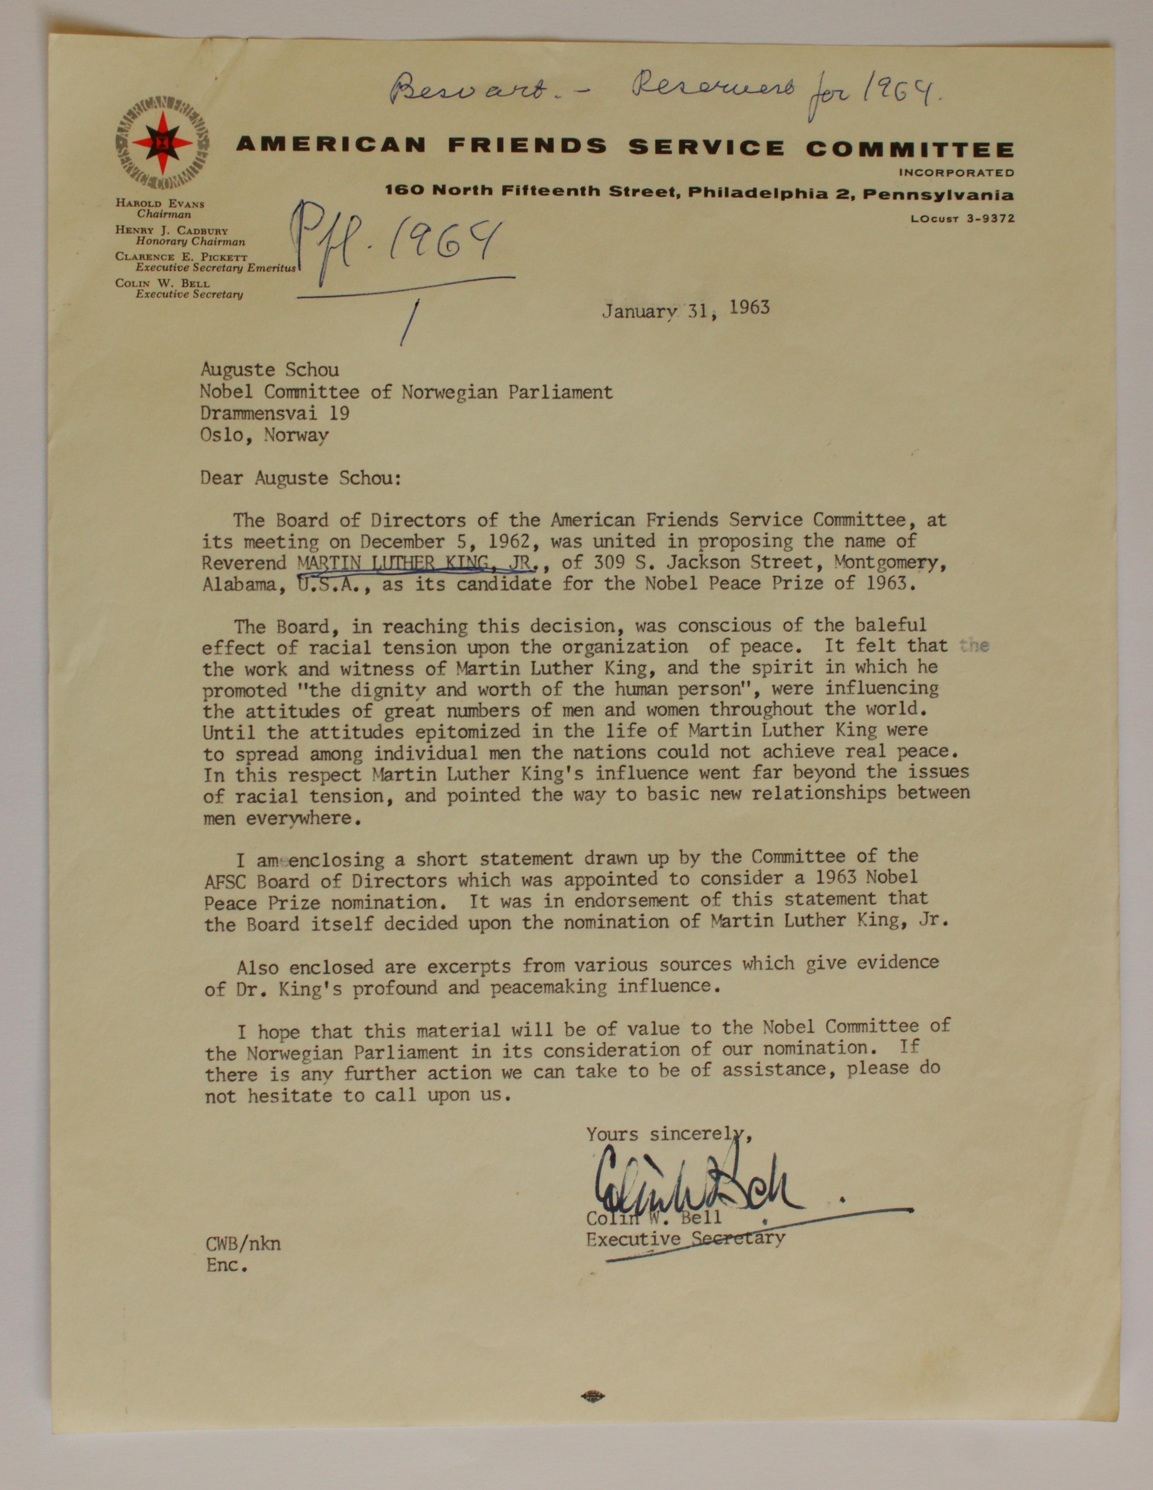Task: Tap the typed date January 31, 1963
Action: pyautogui.click(x=685, y=310)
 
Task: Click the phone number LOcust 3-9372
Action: pyautogui.click(x=962, y=219)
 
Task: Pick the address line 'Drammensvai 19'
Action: pyautogui.click(x=275, y=413)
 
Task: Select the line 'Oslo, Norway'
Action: pyautogui.click(x=264, y=435)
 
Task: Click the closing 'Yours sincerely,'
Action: pyautogui.click(x=669, y=1134)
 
